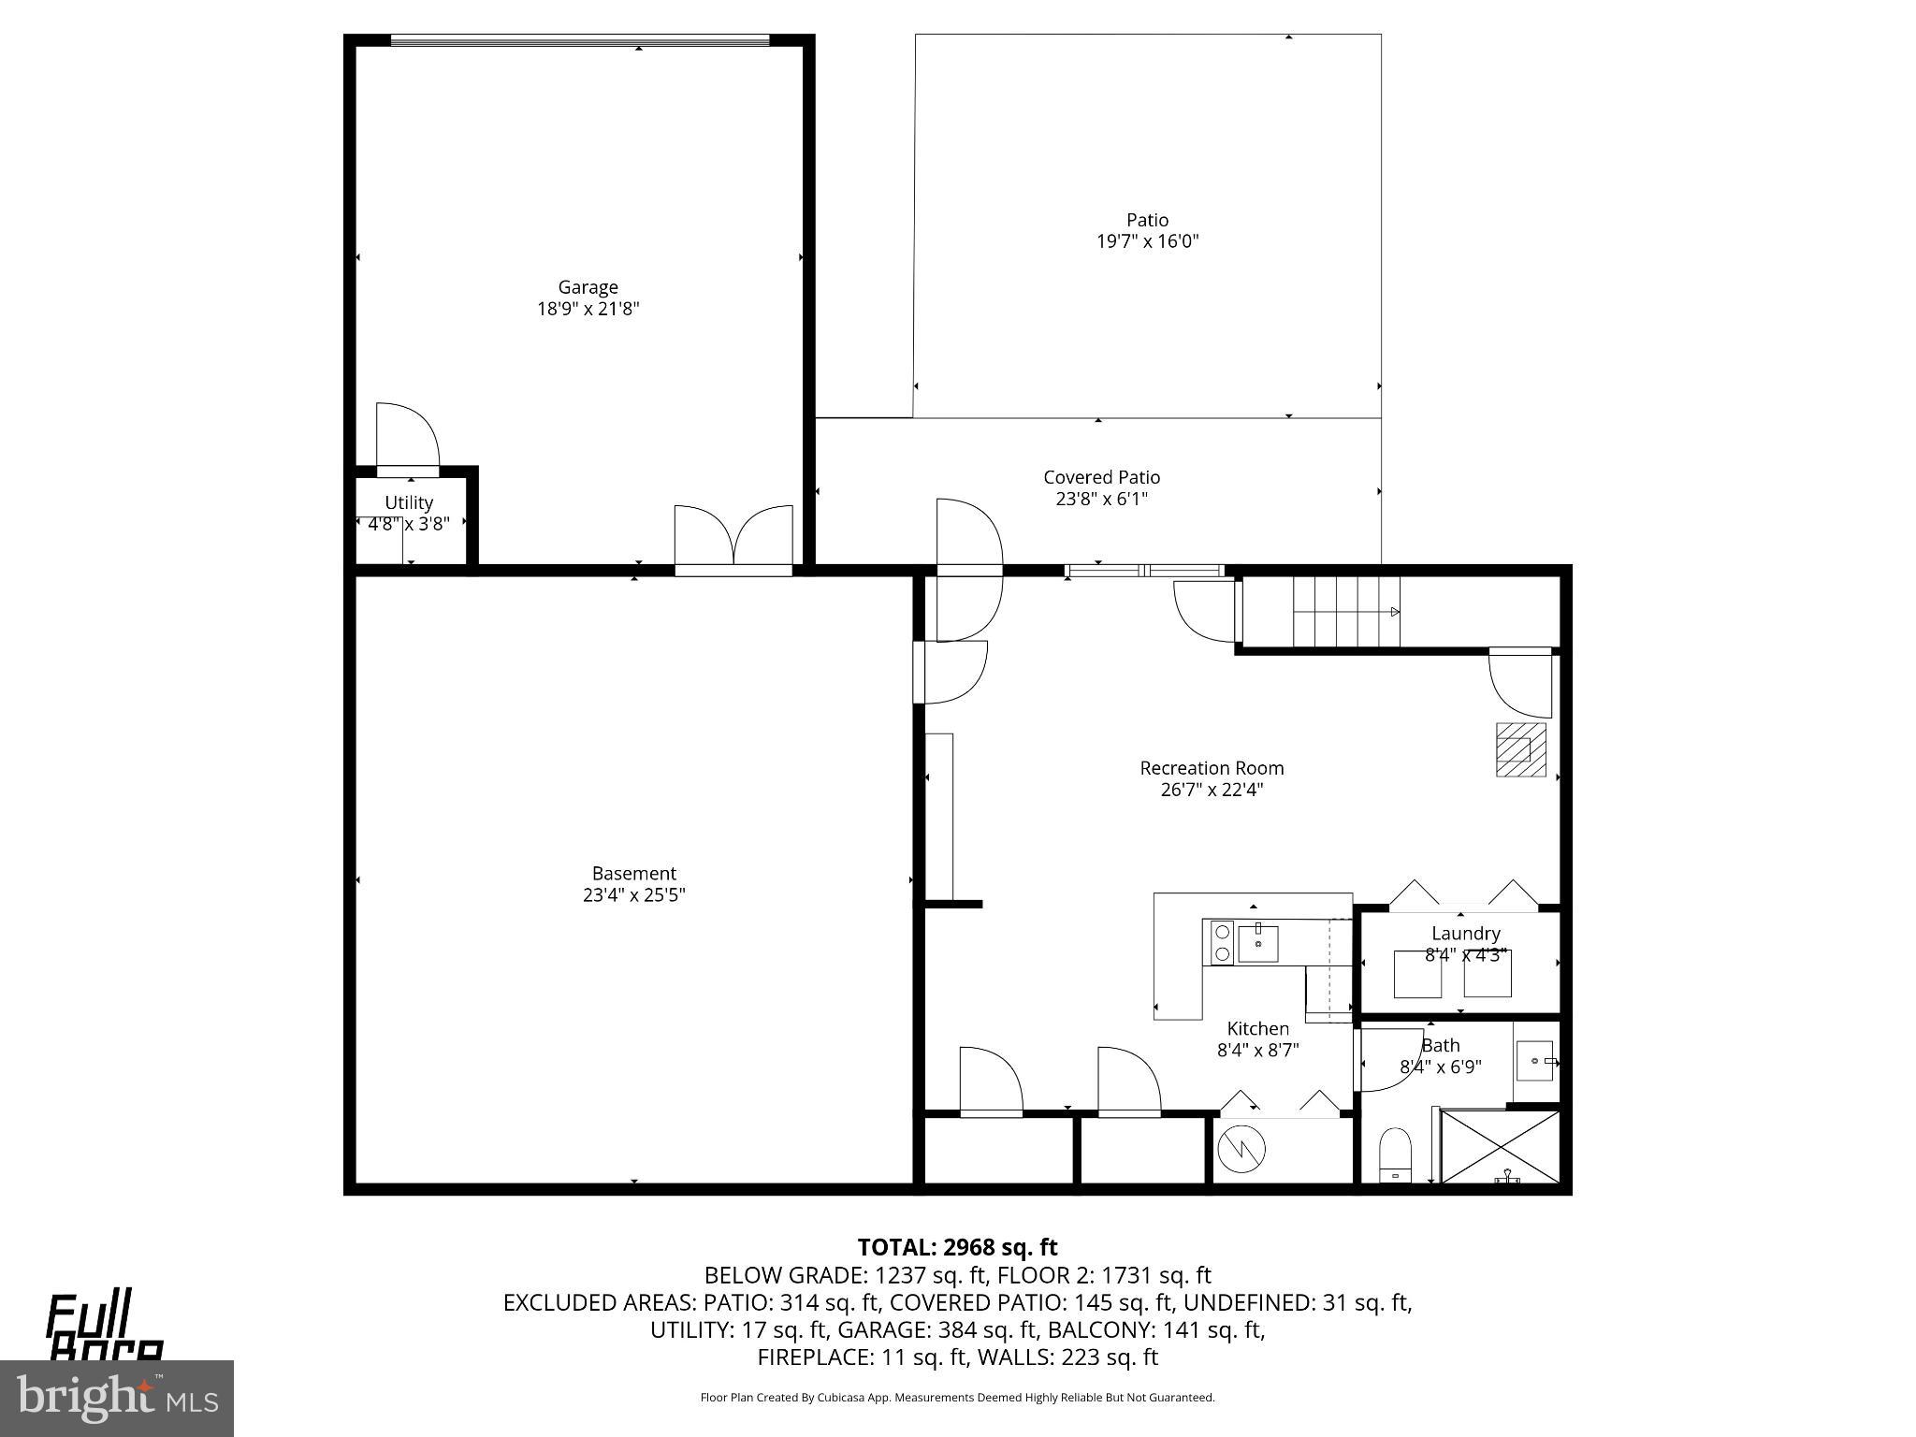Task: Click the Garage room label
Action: [588, 287]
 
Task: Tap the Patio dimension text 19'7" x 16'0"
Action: [1147, 241]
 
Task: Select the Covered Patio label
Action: [1101, 477]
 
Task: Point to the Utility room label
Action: [409, 502]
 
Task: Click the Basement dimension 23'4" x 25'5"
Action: [633, 895]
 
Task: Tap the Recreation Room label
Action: [1211, 768]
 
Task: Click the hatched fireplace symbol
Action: [1519, 749]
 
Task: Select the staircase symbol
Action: [1346, 612]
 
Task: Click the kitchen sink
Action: [1257, 943]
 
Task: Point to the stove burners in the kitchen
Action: [1222, 943]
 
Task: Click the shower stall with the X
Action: [1500, 1148]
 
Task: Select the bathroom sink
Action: [1535, 1061]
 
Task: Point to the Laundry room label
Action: [1465, 934]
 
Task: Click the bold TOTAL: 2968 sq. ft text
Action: [957, 1247]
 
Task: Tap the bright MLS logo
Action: [116, 1398]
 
